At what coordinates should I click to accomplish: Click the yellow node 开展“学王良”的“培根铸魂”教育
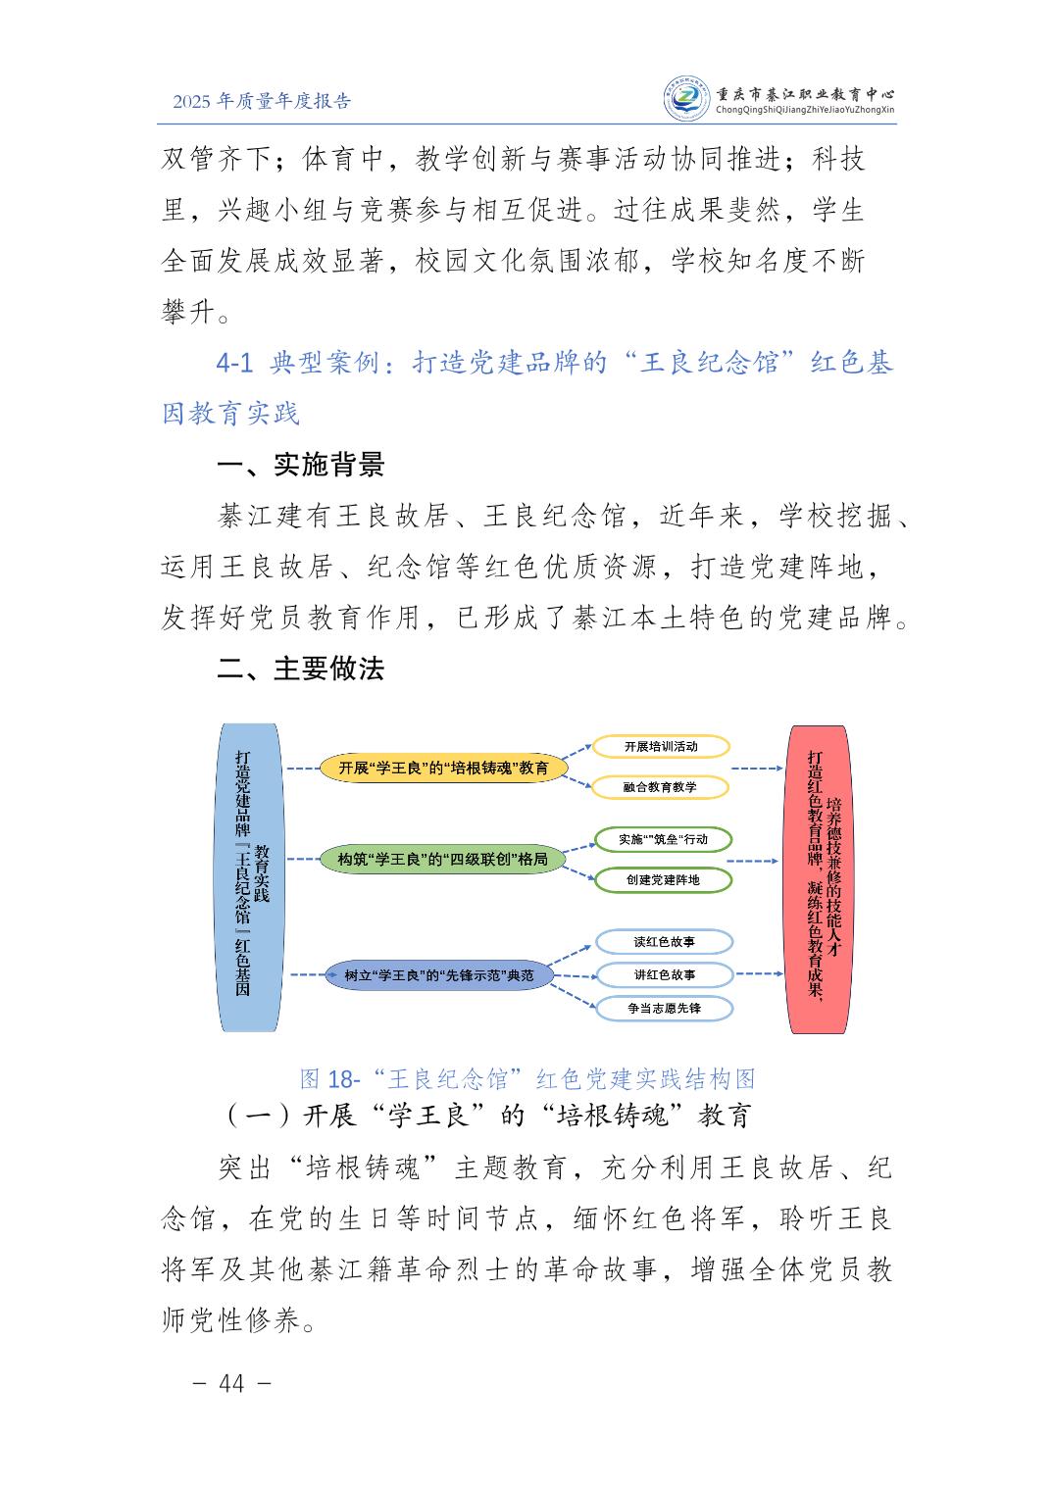coord(443,768)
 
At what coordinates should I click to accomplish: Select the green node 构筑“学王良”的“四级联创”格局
coord(442,860)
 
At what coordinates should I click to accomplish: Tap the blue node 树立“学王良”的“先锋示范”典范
coord(438,975)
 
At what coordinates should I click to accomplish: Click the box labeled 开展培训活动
coord(661,746)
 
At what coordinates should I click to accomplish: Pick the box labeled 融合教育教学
coord(661,787)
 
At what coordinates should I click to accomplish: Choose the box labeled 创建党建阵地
coord(663,879)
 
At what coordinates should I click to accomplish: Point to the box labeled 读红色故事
coord(664,942)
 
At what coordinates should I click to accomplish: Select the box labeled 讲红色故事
coord(664,975)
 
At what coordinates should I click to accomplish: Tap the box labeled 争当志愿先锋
coord(664,1008)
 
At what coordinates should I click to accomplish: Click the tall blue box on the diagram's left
coord(250,877)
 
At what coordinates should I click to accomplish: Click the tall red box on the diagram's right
coord(819,877)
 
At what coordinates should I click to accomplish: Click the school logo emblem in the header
coord(686,99)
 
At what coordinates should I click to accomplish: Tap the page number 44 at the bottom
coord(232,1383)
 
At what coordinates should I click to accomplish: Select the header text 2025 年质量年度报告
coord(261,101)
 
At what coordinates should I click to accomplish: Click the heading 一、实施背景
coord(300,465)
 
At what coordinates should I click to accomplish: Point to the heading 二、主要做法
coord(300,669)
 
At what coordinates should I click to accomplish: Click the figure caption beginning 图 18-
coord(527,1079)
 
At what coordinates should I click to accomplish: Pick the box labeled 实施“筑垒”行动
coord(663,839)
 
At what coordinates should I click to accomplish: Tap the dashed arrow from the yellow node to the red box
coord(758,768)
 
